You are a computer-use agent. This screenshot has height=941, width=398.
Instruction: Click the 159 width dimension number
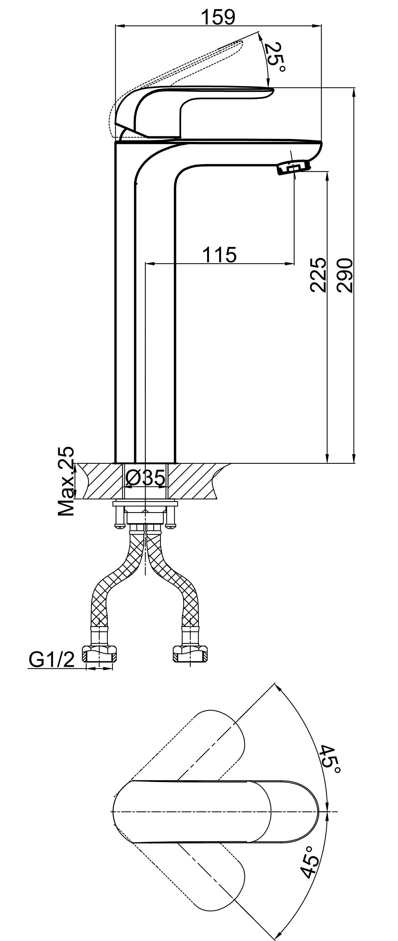(219, 17)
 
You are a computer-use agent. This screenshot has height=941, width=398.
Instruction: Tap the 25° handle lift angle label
(275, 57)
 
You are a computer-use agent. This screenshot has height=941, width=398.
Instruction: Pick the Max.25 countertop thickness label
(66, 481)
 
